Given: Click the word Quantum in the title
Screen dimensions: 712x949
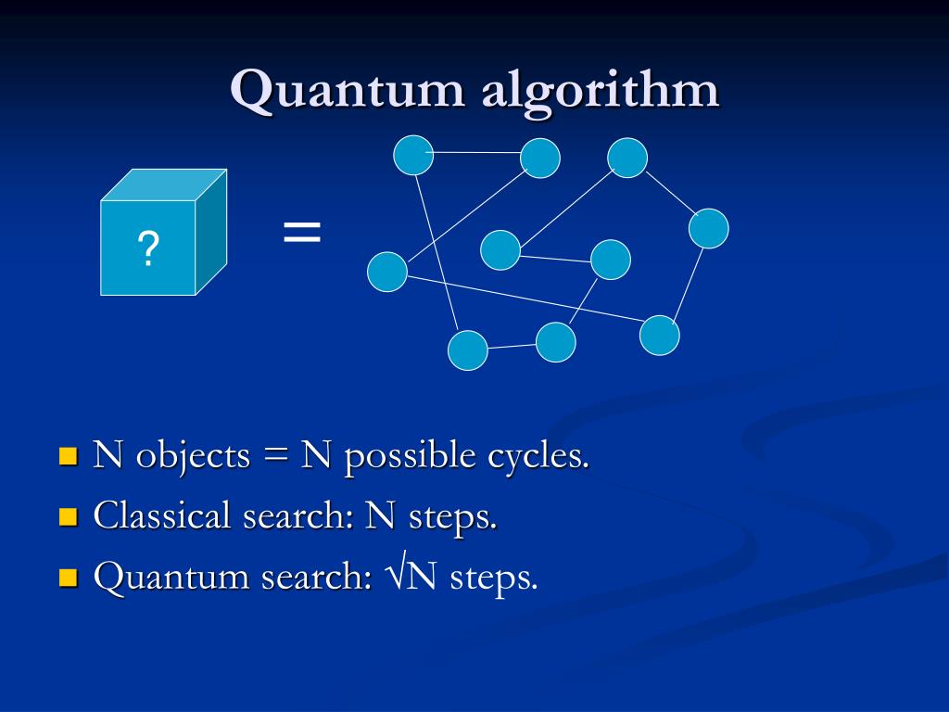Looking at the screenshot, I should (349, 90).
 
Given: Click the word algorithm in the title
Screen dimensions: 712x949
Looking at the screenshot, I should (600, 92).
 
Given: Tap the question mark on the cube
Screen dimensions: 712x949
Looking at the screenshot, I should (148, 249).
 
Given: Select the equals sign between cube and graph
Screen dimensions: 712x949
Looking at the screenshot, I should (302, 232).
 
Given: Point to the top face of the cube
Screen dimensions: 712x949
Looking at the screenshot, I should (164, 184).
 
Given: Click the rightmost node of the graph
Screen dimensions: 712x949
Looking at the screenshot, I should (709, 229).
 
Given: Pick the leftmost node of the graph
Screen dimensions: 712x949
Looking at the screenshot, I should (387, 272).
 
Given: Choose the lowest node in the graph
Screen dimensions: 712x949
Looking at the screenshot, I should (468, 350).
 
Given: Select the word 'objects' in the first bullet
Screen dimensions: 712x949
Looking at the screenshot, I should (194, 456).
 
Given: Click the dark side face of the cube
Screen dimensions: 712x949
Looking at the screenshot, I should (211, 235).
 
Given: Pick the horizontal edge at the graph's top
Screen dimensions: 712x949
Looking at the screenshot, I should (476, 152).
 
